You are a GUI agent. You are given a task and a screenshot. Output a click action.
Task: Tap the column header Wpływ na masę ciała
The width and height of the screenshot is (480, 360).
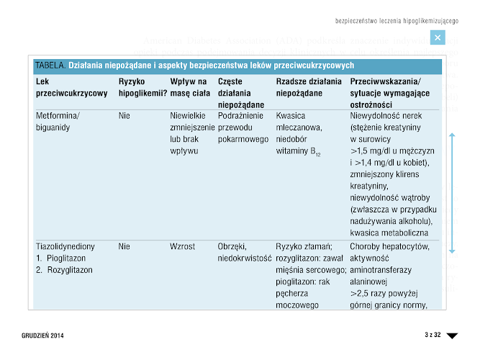pyautogui.click(x=189, y=87)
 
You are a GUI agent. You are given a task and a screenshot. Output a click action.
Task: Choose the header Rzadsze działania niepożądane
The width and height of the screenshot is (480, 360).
pyautogui.click(x=309, y=87)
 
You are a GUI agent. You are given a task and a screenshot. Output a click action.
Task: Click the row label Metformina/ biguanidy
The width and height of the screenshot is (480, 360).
pyautogui.click(x=58, y=121)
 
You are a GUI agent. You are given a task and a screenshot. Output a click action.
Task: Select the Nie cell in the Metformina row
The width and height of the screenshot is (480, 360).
pyautogui.click(x=124, y=115)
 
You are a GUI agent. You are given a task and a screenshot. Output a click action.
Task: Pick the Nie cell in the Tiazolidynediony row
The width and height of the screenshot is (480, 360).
pyautogui.click(x=124, y=246)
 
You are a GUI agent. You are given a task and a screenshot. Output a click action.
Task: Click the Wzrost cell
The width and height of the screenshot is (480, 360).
pyautogui.click(x=183, y=246)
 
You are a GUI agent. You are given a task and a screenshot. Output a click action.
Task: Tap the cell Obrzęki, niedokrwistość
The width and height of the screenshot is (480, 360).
pyautogui.click(x=243, y=251)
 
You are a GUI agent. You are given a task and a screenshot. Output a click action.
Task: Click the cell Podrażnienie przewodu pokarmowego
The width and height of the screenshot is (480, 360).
pyautogui.click(x=243, y=127)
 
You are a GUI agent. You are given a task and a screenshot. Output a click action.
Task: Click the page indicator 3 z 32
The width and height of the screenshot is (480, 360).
pyautogui.click(x=432, y=336)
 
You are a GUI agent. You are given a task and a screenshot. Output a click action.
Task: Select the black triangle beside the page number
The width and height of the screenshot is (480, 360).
pyautogui.click(x=452, y=336)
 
